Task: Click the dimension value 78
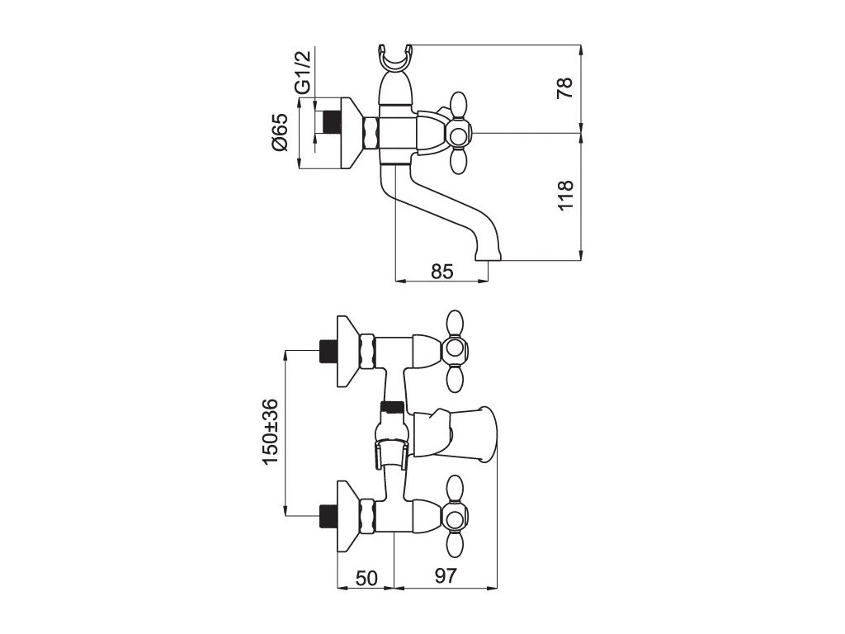click(x=565, y=87)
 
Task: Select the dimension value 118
click(x=565, y=195)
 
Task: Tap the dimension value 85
click(x=442, y=271)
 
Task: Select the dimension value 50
click(x=366, y=579)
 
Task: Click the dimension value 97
click(x=446, y=579)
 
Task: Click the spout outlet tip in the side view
click(x=489, y=256)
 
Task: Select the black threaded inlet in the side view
click(x=331, y=121)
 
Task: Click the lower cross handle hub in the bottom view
click(x=455, y=518)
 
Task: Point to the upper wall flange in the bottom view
click(x=350, y=352)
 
